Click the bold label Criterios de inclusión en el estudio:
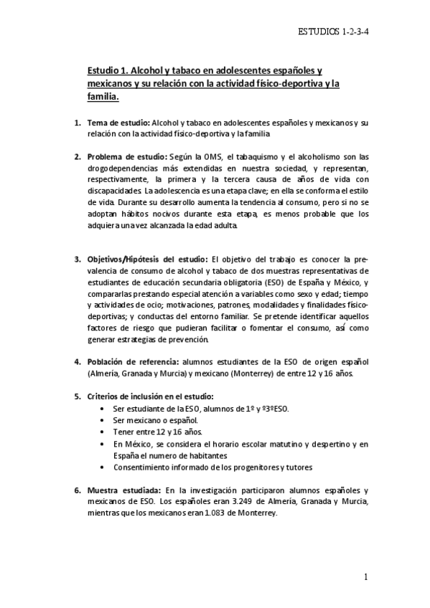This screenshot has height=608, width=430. (x=150, y=396)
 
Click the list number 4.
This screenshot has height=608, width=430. (x=78, y=361)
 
